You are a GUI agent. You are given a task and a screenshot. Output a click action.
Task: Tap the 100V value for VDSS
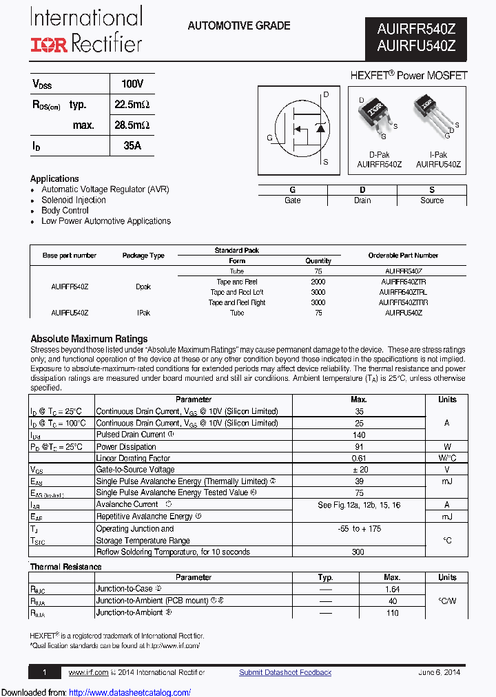(132, 84)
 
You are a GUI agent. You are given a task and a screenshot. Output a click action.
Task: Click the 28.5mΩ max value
(132, 125)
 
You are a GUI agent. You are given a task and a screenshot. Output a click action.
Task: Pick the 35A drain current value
(132, 146)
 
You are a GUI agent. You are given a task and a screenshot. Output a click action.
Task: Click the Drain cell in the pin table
(362, 200)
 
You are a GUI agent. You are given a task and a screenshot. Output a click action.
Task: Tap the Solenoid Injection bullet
(73, 200)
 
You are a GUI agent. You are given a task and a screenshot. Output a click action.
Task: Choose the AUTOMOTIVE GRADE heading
(239, 26)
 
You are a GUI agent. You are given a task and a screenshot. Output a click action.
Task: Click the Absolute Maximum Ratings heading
(89, 339)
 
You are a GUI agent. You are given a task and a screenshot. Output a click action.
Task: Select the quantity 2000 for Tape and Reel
(318, 282)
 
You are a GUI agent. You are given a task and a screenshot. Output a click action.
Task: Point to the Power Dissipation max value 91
(358, 446)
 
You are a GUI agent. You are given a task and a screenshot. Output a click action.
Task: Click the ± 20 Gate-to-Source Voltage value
(358, 469)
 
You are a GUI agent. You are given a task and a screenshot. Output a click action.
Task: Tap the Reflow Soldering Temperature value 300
(358, 552)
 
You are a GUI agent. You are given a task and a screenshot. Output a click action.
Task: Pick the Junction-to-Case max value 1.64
(392, 589)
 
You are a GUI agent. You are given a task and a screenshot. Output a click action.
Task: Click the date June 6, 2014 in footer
(439, 672)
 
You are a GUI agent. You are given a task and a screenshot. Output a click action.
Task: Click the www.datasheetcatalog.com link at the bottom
(130, 692)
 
